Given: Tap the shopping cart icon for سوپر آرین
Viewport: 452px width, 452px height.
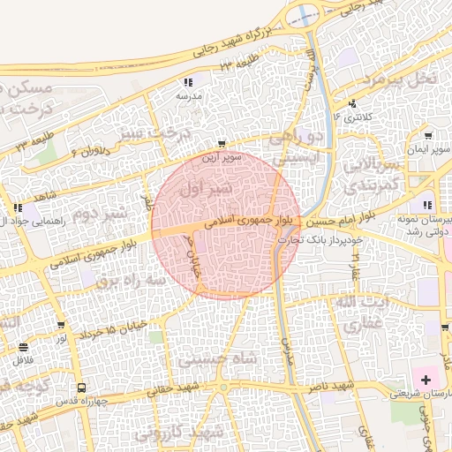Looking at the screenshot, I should point(222,143).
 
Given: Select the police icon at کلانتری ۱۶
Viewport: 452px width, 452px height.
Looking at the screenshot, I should point(354,104).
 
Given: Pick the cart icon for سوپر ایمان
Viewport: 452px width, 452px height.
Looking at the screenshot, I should point(428,136).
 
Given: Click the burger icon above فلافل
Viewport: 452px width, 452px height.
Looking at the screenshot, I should point(22,346).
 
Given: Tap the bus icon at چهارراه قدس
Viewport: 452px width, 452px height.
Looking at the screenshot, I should point(81,387).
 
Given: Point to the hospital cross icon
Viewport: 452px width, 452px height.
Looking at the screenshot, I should point(427,380).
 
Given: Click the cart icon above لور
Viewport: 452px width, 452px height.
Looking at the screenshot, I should point(61,325).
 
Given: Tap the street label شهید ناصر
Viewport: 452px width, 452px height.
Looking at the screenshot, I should point(330,387).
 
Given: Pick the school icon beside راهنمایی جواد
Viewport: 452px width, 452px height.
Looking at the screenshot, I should point(18,208).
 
